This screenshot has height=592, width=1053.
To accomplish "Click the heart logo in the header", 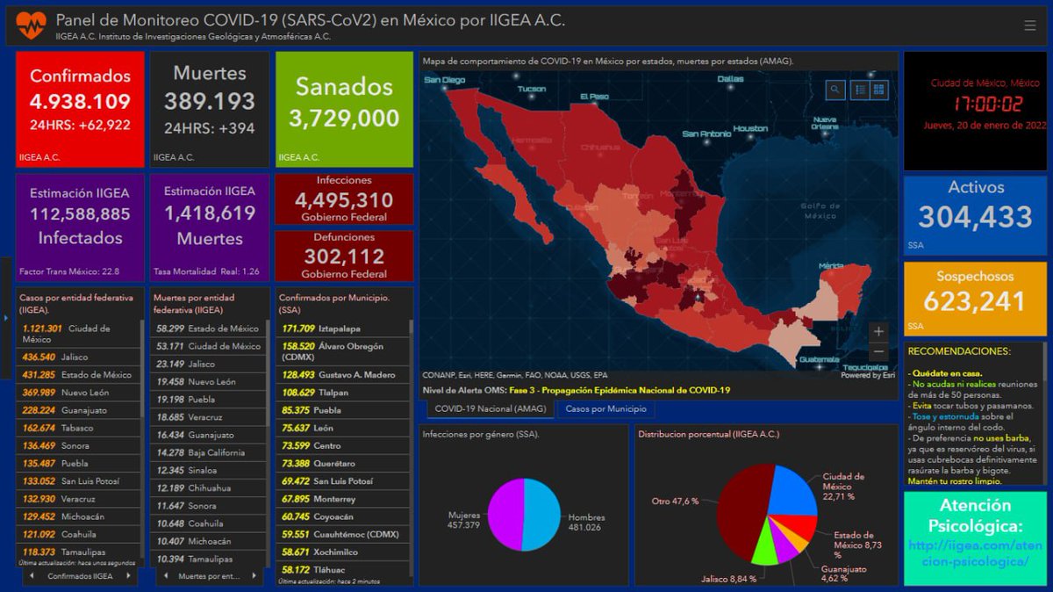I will point(32,23).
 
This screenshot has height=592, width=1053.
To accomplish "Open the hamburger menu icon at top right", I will point(1029,25).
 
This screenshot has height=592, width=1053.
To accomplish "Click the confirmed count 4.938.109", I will point(80,101).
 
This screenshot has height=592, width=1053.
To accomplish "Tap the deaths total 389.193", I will point(209,101).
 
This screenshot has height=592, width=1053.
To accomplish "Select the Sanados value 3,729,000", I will point(344,118).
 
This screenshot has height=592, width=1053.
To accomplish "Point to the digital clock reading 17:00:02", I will point(976,104).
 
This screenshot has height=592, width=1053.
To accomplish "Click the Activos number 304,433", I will point(976,216).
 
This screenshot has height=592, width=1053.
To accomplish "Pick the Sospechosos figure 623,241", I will point(976,301).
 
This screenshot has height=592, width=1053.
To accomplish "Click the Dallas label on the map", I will point(729,79).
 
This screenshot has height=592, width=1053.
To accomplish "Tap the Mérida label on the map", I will point(832,264).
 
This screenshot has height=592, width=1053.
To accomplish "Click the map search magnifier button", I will point(835,90).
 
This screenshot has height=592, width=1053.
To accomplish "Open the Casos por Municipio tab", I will point(605,408).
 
